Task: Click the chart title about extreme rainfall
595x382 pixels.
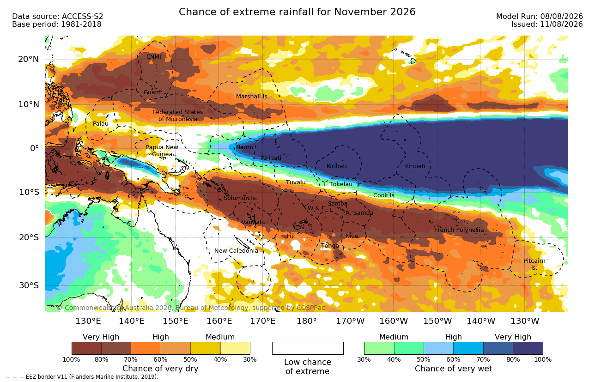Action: coord(297,12)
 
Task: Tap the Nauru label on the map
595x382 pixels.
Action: coord(245,147)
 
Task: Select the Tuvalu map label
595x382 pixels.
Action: coord(296,182)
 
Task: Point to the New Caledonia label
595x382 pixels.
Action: coord(236,251)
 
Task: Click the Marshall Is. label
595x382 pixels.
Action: coord(252,97)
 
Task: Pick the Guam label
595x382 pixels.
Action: coord(152,92)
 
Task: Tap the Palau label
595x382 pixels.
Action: coord(101,123)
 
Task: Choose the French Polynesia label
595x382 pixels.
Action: coord(459,230)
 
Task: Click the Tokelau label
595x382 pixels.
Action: coord(341,184)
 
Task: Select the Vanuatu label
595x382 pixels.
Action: coord(253,222)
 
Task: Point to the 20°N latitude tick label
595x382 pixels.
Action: coord(29,59)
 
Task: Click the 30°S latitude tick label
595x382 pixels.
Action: coord(29,285)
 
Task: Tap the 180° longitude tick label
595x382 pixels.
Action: coord(307,321)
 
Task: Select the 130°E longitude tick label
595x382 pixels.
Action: coord(88,321)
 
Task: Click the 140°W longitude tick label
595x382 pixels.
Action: coord(481,321)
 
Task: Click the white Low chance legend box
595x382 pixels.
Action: coord(308,348)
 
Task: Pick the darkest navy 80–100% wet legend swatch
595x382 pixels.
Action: coord(528,348)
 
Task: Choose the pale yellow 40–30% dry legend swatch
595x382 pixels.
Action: coord(235,348)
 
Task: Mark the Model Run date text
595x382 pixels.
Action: coord(540,17)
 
